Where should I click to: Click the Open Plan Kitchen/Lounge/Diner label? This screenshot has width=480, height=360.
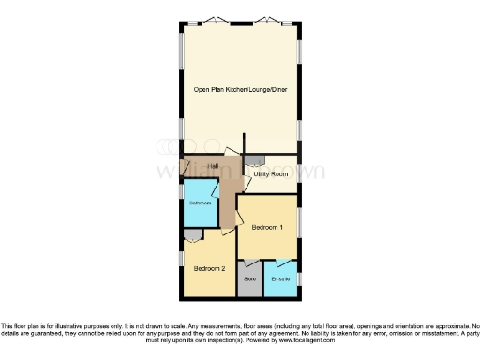(x=240, y=89)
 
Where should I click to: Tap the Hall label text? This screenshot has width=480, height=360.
(x=214, y=166)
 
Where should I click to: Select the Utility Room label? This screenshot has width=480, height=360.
(x=271, y=174)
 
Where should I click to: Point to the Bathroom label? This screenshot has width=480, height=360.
(x=201, y=203)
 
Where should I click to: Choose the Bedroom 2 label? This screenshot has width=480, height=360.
(x=209, y=268)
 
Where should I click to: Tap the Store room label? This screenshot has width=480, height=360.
(x=250, y=278)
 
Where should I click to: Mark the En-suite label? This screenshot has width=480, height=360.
(x=280, y=278)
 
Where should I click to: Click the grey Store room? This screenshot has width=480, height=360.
(x=250, y=283)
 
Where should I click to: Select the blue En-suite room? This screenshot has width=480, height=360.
(x=281, y=285)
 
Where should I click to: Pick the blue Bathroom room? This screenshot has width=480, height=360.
(x=200, y=208)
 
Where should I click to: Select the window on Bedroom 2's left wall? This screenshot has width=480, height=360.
(x=181, y=256)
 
